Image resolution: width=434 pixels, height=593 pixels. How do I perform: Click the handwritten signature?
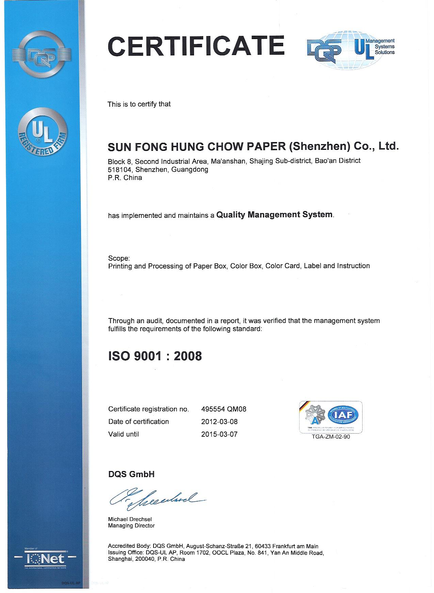tap(157, 500)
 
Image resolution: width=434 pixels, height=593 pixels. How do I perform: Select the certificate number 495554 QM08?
tap(224, 409)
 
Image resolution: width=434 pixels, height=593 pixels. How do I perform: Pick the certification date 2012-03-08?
tap(219, 422)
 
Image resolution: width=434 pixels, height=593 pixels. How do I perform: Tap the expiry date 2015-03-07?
tap(219, 434)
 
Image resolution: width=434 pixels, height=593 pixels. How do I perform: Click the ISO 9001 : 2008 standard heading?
tap(155, 356)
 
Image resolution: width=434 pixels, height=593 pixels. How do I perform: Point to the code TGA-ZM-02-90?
tap(331, 437)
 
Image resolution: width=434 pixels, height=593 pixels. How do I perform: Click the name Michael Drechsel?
tap(130, 519)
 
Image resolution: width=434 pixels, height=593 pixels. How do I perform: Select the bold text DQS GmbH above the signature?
tap(131, 474)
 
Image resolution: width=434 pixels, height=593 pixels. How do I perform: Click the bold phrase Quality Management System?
tap(274, 215)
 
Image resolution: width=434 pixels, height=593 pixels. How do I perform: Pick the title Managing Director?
tap(131, 526)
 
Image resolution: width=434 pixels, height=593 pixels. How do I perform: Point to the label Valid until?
tap(124, 434)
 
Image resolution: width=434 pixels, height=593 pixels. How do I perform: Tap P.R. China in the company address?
tap(125, 178)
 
